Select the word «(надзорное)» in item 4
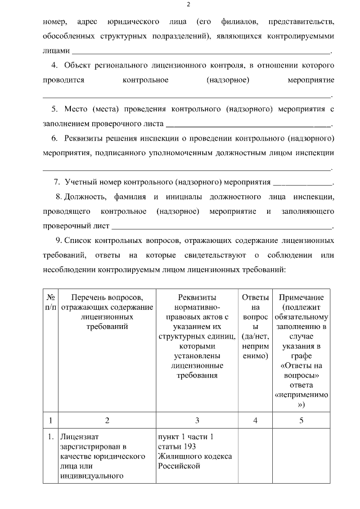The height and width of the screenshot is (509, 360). tap(227, 80)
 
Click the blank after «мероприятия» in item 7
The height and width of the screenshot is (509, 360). tap(303, 182)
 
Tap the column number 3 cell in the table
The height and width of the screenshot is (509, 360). tap(197, 420)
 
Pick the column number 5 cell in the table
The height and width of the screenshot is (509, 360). tap(301, 420)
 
